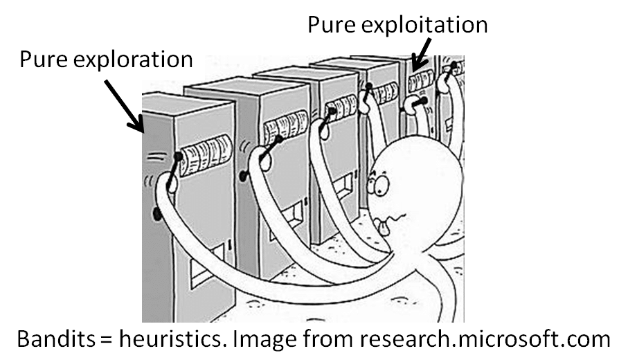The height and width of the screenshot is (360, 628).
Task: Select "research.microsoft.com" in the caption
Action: [x=496, y=340]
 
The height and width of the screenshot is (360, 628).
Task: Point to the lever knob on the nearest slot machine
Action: [x=179, y=156]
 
